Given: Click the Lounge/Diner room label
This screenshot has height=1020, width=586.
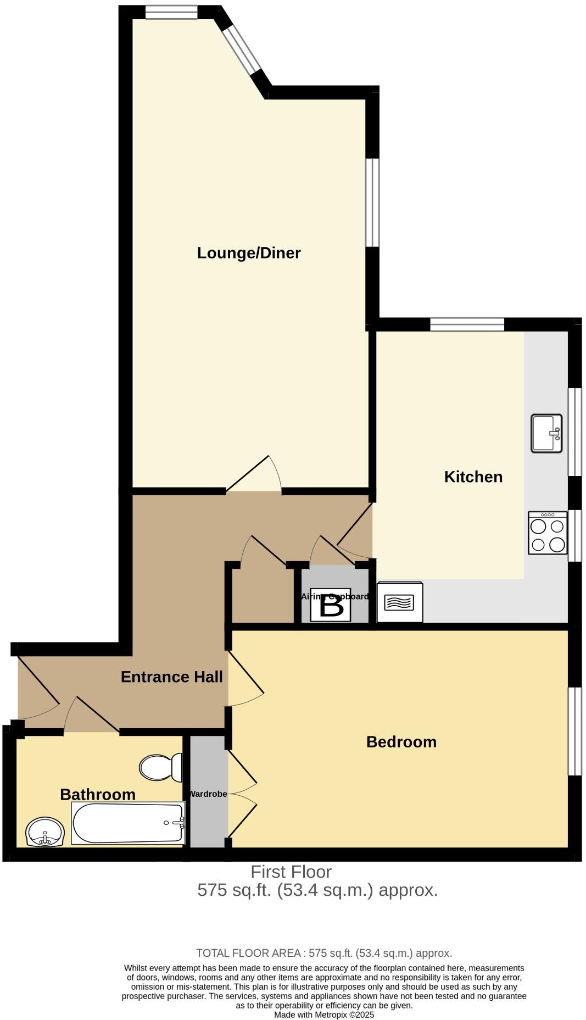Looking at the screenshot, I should point(249,253).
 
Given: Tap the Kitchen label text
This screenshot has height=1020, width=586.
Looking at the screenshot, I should point(473,476).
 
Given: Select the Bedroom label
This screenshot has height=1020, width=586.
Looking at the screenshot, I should point(401,742).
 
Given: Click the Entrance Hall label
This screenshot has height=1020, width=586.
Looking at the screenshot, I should point(171,677).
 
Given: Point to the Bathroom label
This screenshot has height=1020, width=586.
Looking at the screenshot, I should point(97,794).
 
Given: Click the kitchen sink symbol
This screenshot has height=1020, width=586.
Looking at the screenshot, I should point(546,433).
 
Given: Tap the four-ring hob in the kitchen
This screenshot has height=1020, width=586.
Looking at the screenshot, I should point(548,533).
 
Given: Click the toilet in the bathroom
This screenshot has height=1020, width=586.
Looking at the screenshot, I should point(160,767).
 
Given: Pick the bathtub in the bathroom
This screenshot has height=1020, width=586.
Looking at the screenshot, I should point(129,823).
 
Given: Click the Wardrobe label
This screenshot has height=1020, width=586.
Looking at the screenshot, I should point(208,794).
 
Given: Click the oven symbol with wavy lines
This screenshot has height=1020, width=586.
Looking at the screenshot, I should point(400,603).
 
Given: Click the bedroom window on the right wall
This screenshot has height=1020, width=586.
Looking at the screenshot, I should point(574,731).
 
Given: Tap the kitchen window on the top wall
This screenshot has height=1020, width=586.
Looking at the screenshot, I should point(467,325).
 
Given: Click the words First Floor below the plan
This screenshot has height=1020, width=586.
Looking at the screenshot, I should point(291,872).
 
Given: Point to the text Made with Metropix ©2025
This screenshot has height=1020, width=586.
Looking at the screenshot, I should point(324,1015).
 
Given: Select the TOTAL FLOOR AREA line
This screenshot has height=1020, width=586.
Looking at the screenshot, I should point(324,953).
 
